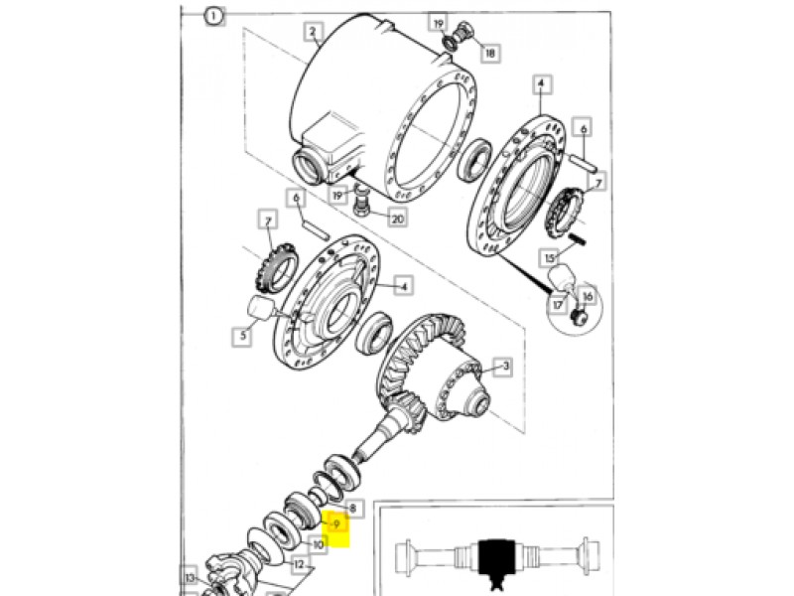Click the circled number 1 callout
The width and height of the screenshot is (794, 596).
coord(213,17)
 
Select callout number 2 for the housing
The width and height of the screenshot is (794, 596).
coord(313,32)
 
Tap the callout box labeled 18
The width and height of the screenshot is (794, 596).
coord(489,53)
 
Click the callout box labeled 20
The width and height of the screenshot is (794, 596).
coord(398,219)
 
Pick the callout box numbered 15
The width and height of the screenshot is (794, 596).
coord(551,258)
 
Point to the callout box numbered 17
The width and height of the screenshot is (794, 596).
coord(558,305)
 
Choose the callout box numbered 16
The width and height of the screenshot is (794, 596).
coord(588,297)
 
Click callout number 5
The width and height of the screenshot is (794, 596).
coord(243,336)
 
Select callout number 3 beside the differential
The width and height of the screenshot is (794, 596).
coord(504,367)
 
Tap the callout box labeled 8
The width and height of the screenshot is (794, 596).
coord(353,508)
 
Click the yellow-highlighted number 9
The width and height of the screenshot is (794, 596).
coord(336,524)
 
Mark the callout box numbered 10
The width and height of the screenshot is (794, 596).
coord(318,544)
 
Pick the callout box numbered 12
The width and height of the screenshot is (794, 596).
coord(299,564)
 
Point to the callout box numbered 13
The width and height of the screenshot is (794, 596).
coord(190,577)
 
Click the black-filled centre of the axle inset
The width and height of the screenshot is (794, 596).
coord(496,560)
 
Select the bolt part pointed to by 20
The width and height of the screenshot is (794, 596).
coord(360,202)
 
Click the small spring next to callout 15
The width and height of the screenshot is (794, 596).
coord(577,238)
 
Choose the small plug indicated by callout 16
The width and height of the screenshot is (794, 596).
coord(579,317)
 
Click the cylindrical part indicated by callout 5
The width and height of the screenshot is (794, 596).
coord(261,309)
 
